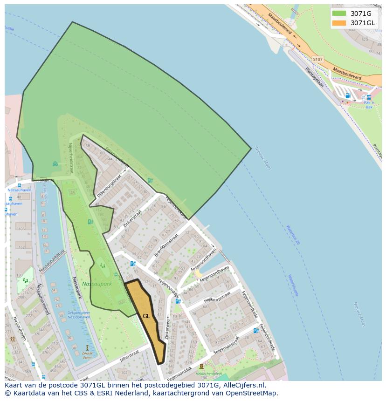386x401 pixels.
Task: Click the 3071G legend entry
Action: [x=361, y=14]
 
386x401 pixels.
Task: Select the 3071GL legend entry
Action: [x=362, y=23]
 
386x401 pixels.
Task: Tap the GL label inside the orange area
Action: [x=146, y=316]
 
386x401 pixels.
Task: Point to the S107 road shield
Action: [x=317, y=60]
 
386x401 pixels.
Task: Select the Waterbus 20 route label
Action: [x=293, y=235]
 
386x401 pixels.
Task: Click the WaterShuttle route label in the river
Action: [x=293, y=285]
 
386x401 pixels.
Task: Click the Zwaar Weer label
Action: [x=87, y=355]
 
